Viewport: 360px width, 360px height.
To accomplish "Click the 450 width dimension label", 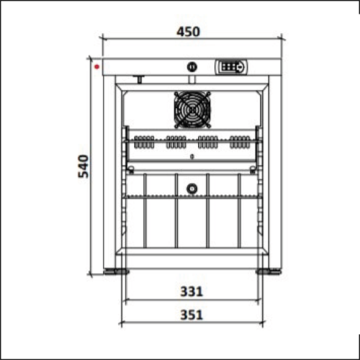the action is tap(188, 32).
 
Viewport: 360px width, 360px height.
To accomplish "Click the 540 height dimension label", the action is tap(84, 166).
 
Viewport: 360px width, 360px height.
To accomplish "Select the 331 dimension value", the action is tap(192, 292).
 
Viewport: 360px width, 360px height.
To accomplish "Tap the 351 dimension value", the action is tap(192, 315).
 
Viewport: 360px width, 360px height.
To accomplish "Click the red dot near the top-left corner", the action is tap(97, 66).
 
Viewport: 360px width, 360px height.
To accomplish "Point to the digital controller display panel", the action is tap(232, 67).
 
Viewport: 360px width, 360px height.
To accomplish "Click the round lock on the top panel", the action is tap(192, 67).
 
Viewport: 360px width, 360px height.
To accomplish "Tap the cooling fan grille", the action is tap(192, 109).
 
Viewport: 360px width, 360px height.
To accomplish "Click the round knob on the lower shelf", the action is tap(192, 189).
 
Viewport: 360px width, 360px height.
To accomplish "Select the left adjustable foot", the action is tap(116, 271).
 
